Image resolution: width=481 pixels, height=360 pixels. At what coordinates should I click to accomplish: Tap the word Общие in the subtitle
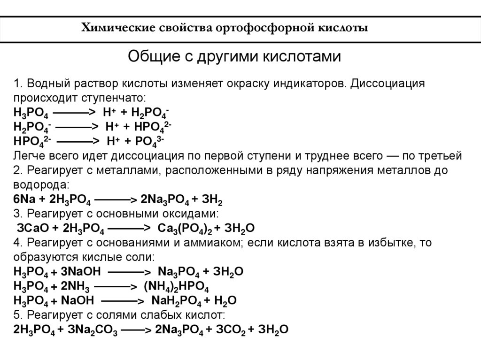151,57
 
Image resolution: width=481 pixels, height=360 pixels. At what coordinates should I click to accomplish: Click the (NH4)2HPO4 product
176,287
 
